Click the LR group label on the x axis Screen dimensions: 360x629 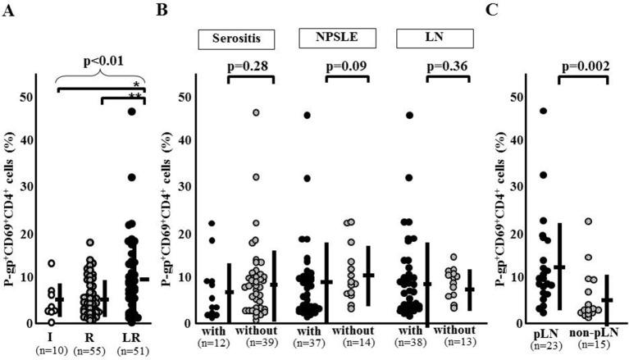(x=131, y=337)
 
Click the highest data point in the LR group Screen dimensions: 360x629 (x=131, y=112)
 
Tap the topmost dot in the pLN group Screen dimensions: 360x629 (x=543, y=111)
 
